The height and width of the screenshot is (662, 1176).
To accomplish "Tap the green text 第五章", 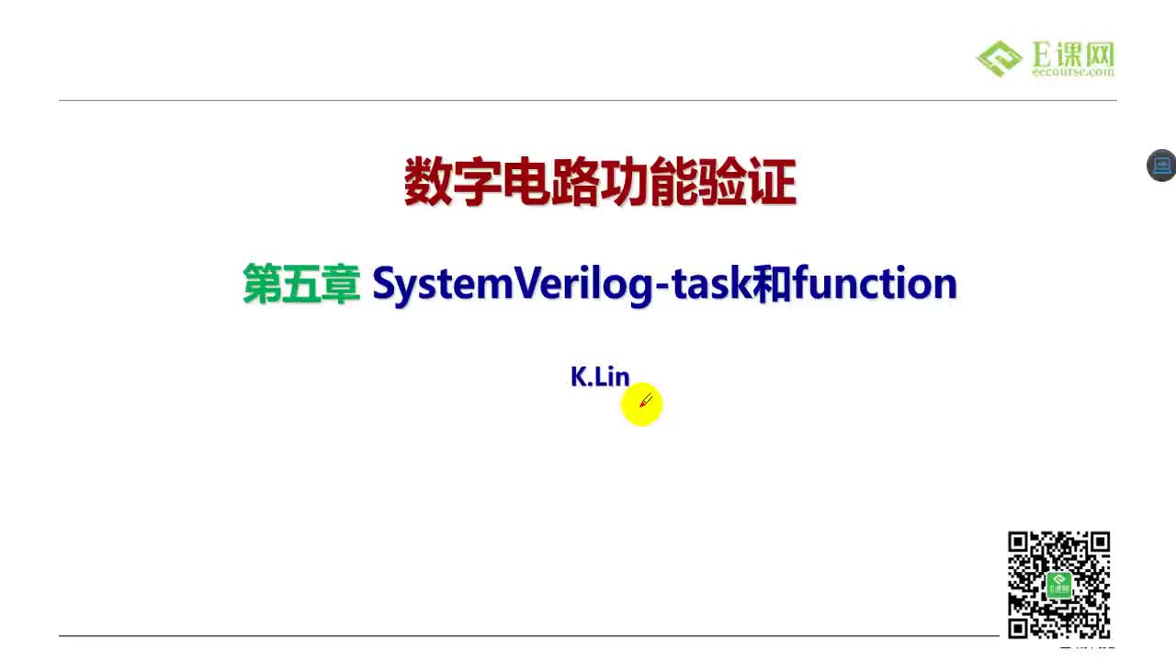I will pos(300,284).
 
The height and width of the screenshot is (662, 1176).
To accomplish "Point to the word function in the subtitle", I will pos(875,284).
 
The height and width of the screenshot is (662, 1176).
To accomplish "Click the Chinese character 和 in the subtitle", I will pos(772,284).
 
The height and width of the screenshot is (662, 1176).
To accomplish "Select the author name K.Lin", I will pos(600,377).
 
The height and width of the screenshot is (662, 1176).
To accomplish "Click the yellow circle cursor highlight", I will pos(641,405).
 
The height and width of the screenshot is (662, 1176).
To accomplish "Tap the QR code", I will pos(1058,585).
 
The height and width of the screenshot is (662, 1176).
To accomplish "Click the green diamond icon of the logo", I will pos(1000,59).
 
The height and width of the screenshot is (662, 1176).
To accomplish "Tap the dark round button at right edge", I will pos(1161,165).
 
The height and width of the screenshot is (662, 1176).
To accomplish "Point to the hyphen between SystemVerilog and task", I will pos(663,287).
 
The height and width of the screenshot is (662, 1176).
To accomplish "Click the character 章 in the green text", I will pos(340,284).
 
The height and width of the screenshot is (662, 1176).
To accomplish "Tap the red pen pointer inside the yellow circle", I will pos(646,401).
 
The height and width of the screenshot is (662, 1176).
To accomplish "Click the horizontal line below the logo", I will pos(588,100).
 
